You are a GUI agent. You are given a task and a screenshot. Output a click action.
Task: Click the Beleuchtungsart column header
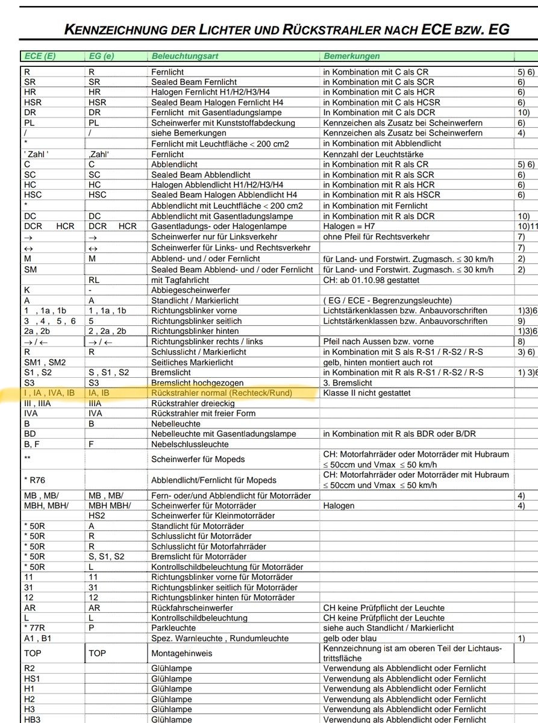coord(185,56)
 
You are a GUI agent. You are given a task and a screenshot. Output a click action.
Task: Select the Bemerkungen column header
coord(352,56)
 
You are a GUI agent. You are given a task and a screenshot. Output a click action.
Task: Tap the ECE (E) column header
coord(40,56)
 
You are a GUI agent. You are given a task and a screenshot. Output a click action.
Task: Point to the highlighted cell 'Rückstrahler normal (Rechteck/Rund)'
coord(222,393)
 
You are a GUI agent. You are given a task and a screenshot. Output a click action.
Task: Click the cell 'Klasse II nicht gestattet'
coord(367,393)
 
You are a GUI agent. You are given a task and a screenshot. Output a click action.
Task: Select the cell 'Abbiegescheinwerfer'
coord(190,290)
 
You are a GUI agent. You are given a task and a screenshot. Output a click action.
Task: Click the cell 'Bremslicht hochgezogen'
coord(198,383)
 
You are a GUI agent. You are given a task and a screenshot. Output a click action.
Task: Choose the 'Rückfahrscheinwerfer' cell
coord(192,608)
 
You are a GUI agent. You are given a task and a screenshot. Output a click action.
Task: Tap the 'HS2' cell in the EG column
coord(98,515)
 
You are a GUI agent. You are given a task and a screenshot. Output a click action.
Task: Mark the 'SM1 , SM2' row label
coord(45,362)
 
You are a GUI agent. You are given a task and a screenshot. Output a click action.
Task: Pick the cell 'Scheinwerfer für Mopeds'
coord(198,459)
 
